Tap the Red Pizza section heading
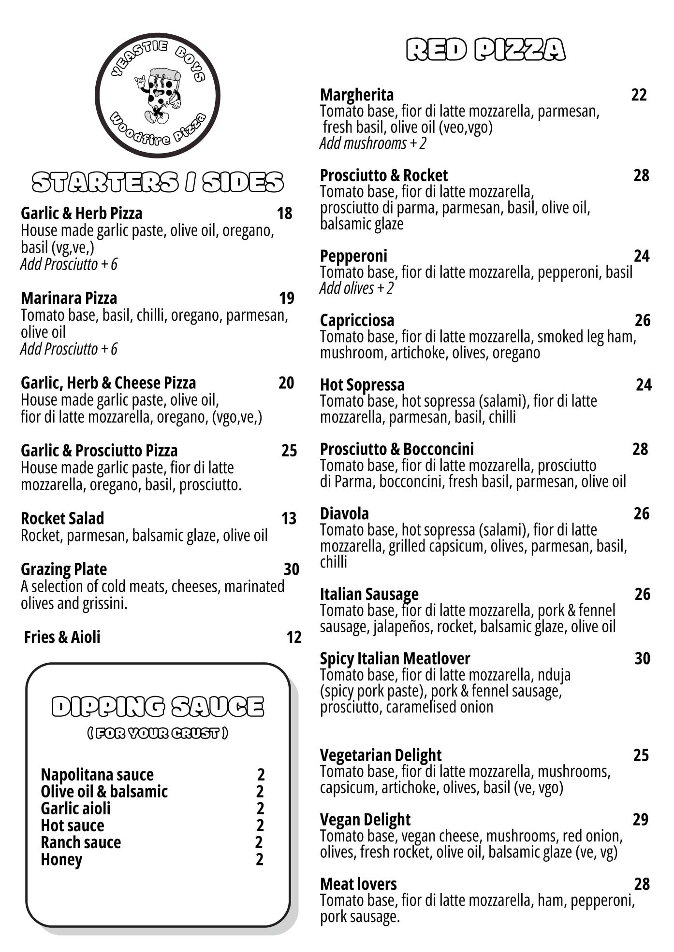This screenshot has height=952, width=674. [485, 50]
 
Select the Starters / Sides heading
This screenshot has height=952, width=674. [158, 182]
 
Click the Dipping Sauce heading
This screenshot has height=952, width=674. [158, 706]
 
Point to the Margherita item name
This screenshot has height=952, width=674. [357, 95]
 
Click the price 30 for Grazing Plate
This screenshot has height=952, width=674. [291, 569]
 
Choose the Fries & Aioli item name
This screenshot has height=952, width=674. [62, 637]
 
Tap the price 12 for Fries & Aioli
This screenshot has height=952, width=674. [293, 637]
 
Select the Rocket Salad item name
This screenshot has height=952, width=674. [62, 518]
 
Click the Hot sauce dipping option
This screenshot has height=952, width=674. [73, 825]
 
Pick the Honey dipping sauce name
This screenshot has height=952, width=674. [61, 859]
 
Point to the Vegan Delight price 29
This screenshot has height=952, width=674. [641, 819]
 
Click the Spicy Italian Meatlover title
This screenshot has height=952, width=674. [395, 658]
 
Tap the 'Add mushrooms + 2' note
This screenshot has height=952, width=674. [373, 143]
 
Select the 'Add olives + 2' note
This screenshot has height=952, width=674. [356, 288]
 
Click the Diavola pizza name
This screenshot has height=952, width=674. [344, 513]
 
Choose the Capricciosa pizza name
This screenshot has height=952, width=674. [357, 320]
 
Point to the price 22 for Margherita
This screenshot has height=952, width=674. [639, 95]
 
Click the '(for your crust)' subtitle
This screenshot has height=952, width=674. [158, 733]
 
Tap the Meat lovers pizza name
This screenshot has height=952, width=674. [358, 884]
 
